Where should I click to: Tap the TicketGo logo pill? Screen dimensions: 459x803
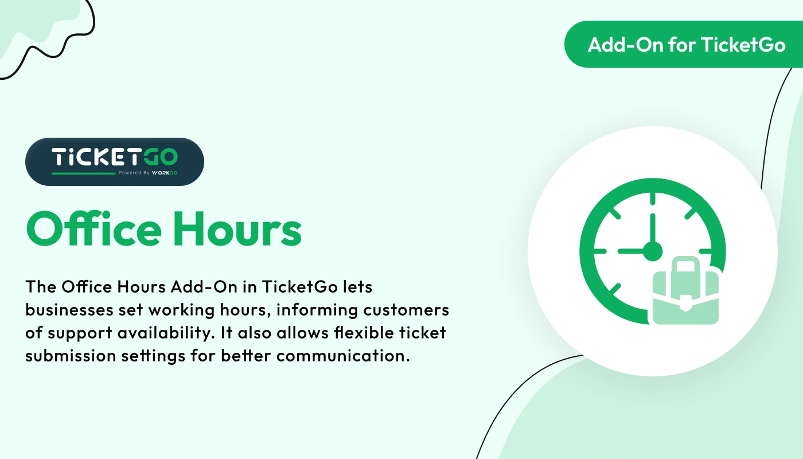tap(115, 161)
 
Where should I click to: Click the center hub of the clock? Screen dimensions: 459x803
tap(652, 251)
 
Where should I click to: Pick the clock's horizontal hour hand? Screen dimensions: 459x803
tap(631, 251)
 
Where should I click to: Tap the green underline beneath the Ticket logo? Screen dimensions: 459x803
tap(84, 172)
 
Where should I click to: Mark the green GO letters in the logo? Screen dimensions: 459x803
tap(161, 157)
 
